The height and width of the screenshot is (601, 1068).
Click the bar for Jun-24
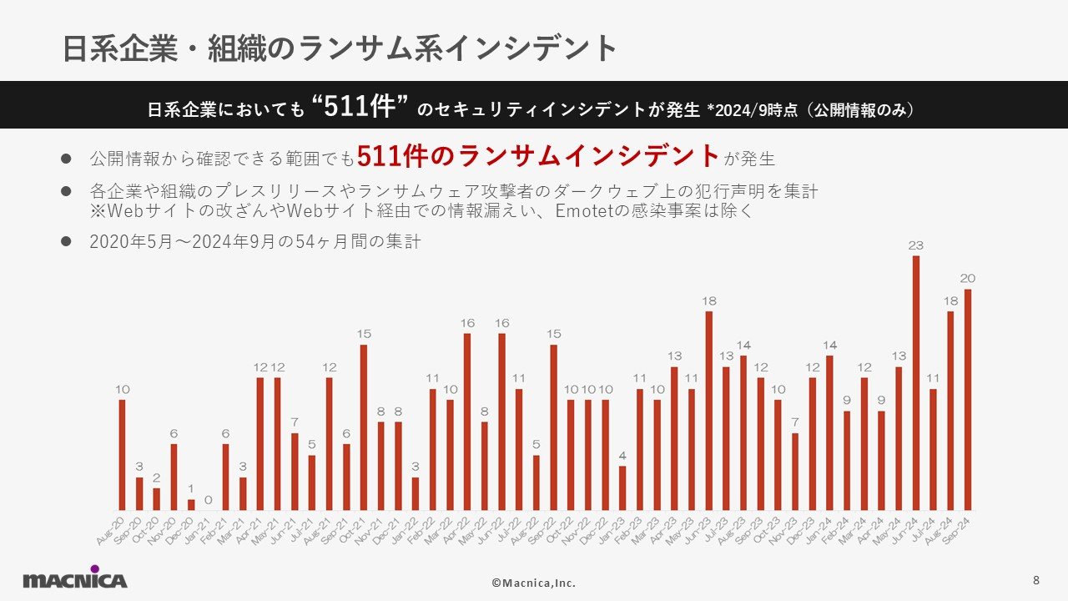(916, 383)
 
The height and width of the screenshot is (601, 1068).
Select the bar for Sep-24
(968, 400)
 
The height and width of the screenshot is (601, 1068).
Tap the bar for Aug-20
(122, 455)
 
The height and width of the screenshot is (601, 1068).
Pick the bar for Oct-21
(364, 427)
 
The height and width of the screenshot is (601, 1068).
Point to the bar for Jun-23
(709, 411)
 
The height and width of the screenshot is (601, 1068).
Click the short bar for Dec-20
(191, 505)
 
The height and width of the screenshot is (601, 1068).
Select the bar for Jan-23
(622, 488)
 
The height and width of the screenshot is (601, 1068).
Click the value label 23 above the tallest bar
(916, 245)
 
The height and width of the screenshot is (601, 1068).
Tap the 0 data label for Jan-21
(209, 500)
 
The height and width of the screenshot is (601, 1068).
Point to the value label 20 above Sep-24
(968, 279)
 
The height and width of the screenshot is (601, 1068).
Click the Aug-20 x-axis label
(110, 531)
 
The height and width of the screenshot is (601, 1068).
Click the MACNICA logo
(75, 579)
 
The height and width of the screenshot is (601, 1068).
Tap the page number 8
(1035, 580)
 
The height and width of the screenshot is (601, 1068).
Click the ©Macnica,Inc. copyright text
(533, 583)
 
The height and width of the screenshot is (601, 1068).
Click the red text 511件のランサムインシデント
(538, 155)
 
